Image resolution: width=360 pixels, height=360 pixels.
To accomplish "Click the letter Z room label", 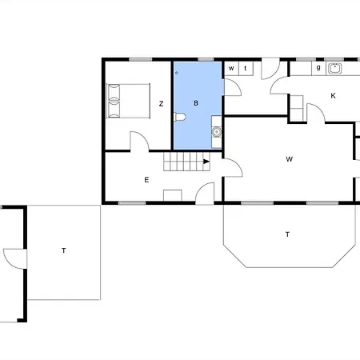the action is (x=161, y=104).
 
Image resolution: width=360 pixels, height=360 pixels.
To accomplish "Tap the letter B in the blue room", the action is (x=196, y=103).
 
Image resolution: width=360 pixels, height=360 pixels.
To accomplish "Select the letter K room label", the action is (x=333, y=96).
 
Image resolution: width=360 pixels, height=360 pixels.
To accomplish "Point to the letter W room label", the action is (x=290, y=159).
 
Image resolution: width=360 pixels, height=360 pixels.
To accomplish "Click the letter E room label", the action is (x=146, y=180).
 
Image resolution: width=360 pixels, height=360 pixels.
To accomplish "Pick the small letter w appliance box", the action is (x=231, y=69).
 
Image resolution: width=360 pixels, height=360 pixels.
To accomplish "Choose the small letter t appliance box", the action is (x=246, y=69).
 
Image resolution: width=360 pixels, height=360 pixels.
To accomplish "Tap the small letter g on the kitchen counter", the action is (x=318, y=67).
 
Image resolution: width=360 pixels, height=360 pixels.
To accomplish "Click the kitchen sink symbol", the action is (x=334, y=69).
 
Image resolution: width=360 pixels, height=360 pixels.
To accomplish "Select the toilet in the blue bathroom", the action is (x=179, y=117).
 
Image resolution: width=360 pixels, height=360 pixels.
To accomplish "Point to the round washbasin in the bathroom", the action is (x=217, y=132).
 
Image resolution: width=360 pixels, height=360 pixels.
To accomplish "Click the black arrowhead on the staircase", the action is (x=206, y=162).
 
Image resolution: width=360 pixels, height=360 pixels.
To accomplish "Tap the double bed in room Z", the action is (x=128, y=101).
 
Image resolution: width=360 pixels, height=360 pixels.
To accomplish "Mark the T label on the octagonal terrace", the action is (x=287, y=234).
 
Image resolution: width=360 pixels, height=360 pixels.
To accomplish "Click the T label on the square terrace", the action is (x=64, y=250).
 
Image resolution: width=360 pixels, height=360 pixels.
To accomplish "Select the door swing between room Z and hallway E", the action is (x=139, y=142).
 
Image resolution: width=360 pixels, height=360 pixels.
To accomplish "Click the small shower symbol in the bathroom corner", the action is (x=176, y=73).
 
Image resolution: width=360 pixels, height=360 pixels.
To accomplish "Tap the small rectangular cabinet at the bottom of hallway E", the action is (x=173, y=195).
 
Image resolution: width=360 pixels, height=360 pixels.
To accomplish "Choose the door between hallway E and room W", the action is (x=233, y=167).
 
